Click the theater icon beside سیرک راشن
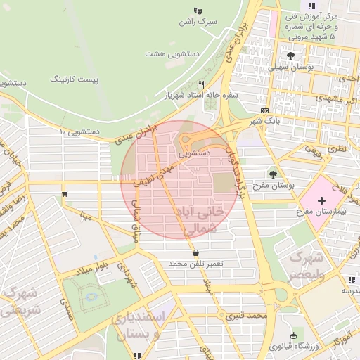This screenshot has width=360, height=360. click(x=198, y=11)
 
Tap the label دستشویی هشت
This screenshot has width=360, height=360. click(x=173, y=53)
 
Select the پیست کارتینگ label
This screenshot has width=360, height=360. click(x=75, y=79)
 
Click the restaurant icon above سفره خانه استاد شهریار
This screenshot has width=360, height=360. click(x=181, y=84)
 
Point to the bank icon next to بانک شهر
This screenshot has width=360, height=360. click(x=264, y=110)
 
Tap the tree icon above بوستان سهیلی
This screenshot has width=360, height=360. click(x=291, y=54)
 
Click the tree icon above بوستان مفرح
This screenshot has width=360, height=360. click(x=273, y=174)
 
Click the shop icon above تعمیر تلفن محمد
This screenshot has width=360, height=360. click(x=195, y=253)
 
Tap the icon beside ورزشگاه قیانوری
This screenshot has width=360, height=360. click(x=292, y=335)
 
